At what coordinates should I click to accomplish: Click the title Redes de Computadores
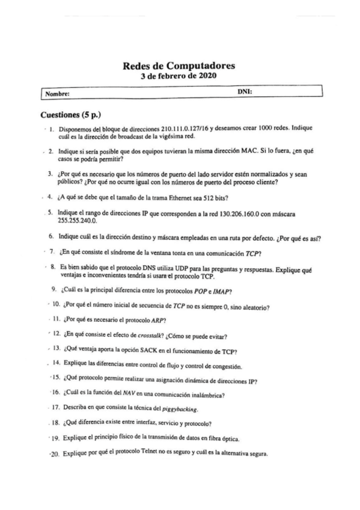[x=178, y=66]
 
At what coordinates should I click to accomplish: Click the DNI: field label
[x=245, y=92]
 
